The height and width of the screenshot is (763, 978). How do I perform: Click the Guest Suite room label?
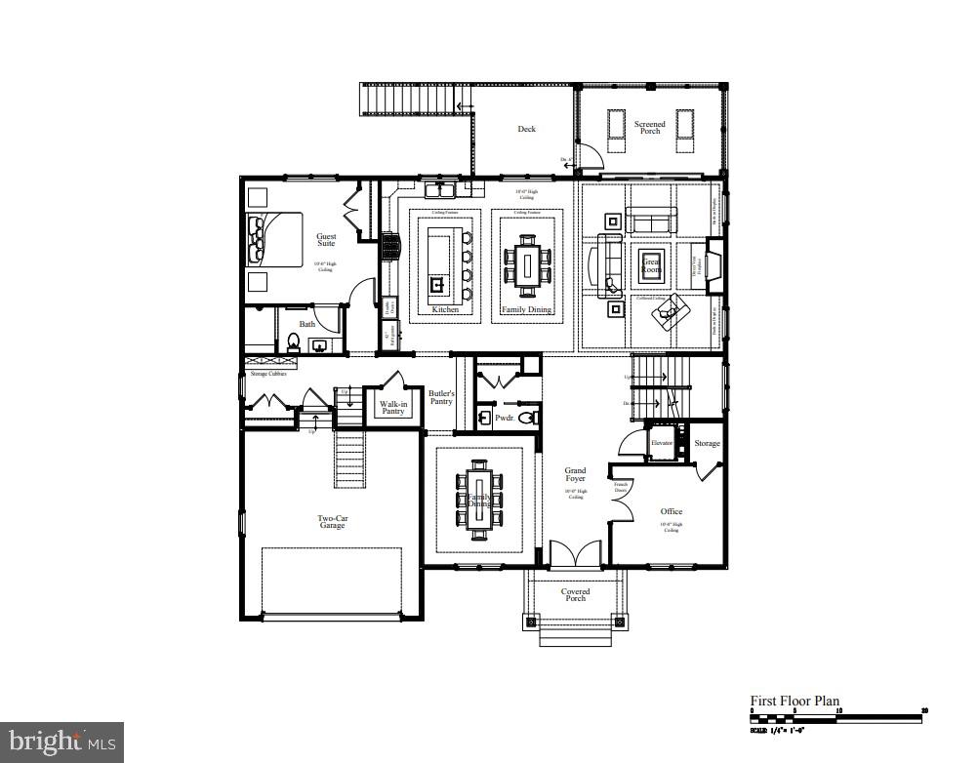[326, 239]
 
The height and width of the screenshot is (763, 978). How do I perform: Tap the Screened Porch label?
[650, 128]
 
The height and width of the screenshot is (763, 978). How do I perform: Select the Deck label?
[526, 129]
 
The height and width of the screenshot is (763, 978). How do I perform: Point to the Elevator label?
[664, 443]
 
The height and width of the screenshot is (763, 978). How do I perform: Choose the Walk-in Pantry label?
[393, 407]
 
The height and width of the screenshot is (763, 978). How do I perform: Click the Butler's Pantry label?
[441, 397]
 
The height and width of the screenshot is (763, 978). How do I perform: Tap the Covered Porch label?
[575, 594]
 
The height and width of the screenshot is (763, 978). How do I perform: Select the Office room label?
[671, 511]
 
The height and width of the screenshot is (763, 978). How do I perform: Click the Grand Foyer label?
[575, 475]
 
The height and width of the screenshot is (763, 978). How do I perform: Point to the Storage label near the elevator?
[707, 443]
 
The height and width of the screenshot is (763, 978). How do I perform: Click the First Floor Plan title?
[794, 701]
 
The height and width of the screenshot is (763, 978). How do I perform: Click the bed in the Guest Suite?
[276, 239]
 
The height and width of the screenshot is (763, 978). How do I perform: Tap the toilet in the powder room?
[527, 418]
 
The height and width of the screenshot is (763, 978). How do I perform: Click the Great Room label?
[651, 263]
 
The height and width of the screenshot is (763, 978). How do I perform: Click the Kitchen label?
[445, 309]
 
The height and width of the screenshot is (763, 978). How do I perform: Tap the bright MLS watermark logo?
[61, 743]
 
